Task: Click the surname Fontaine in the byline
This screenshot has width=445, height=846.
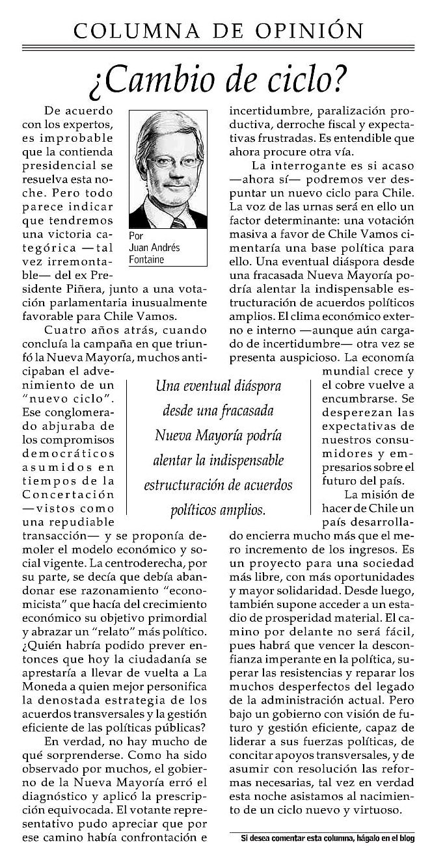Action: [x=146, y=260]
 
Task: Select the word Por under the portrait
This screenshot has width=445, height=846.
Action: [x=136, y=236]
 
